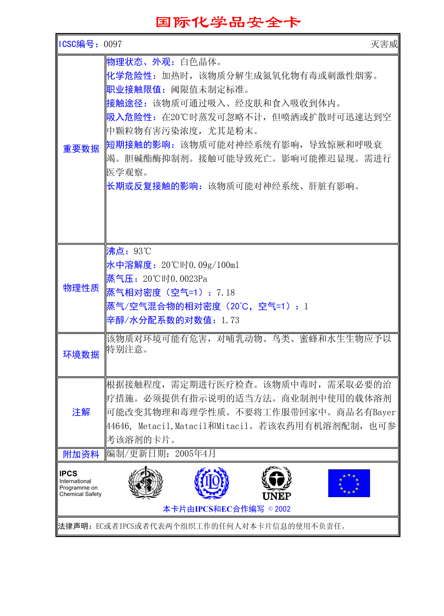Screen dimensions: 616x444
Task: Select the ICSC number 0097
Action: [x=113, y=44]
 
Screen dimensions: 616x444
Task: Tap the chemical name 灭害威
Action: [x=384, y=44]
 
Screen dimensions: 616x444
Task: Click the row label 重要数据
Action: [x=81, y=149]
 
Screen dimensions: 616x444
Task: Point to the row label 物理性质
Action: [x=81, y=288]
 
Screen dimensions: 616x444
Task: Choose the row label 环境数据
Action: [x=81, y=354]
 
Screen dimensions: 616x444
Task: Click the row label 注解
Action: [x=81, y=412]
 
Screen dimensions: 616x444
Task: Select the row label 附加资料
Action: [x=81, y=454]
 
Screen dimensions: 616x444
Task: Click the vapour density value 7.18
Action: [x=226, y=293]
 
